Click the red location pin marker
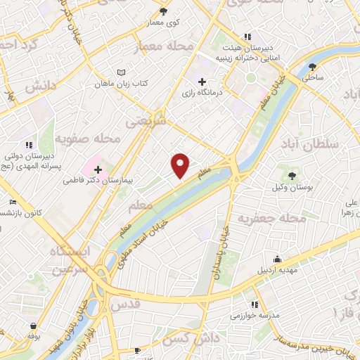point(181,165)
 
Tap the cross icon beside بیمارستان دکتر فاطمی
point(98,169)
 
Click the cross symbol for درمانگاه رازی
point(203,82)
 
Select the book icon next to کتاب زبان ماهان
point(122,72)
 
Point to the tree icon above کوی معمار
point(164,11)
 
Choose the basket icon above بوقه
point(34,326)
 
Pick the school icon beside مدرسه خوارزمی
point(255,304)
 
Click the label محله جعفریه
point(272,219)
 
